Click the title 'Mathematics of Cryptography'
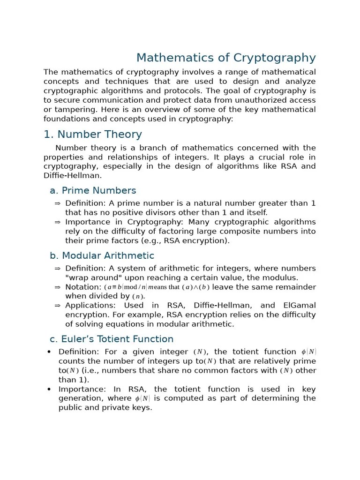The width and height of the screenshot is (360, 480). [x=226, y=58]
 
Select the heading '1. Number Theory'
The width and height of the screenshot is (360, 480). [x=92, y=135]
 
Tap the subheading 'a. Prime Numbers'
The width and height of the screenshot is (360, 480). [x=93, y=190]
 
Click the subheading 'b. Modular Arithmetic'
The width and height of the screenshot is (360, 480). [x=102, y=255]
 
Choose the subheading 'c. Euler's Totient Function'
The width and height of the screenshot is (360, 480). [x=112, y=339]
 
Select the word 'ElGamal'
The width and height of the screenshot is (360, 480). [x=300, y=305]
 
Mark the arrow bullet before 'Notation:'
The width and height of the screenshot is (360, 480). [x=57, y=287]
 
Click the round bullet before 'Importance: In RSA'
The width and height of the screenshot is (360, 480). [x=49, y=390]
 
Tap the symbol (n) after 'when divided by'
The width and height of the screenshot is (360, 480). [x=138, y=296]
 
